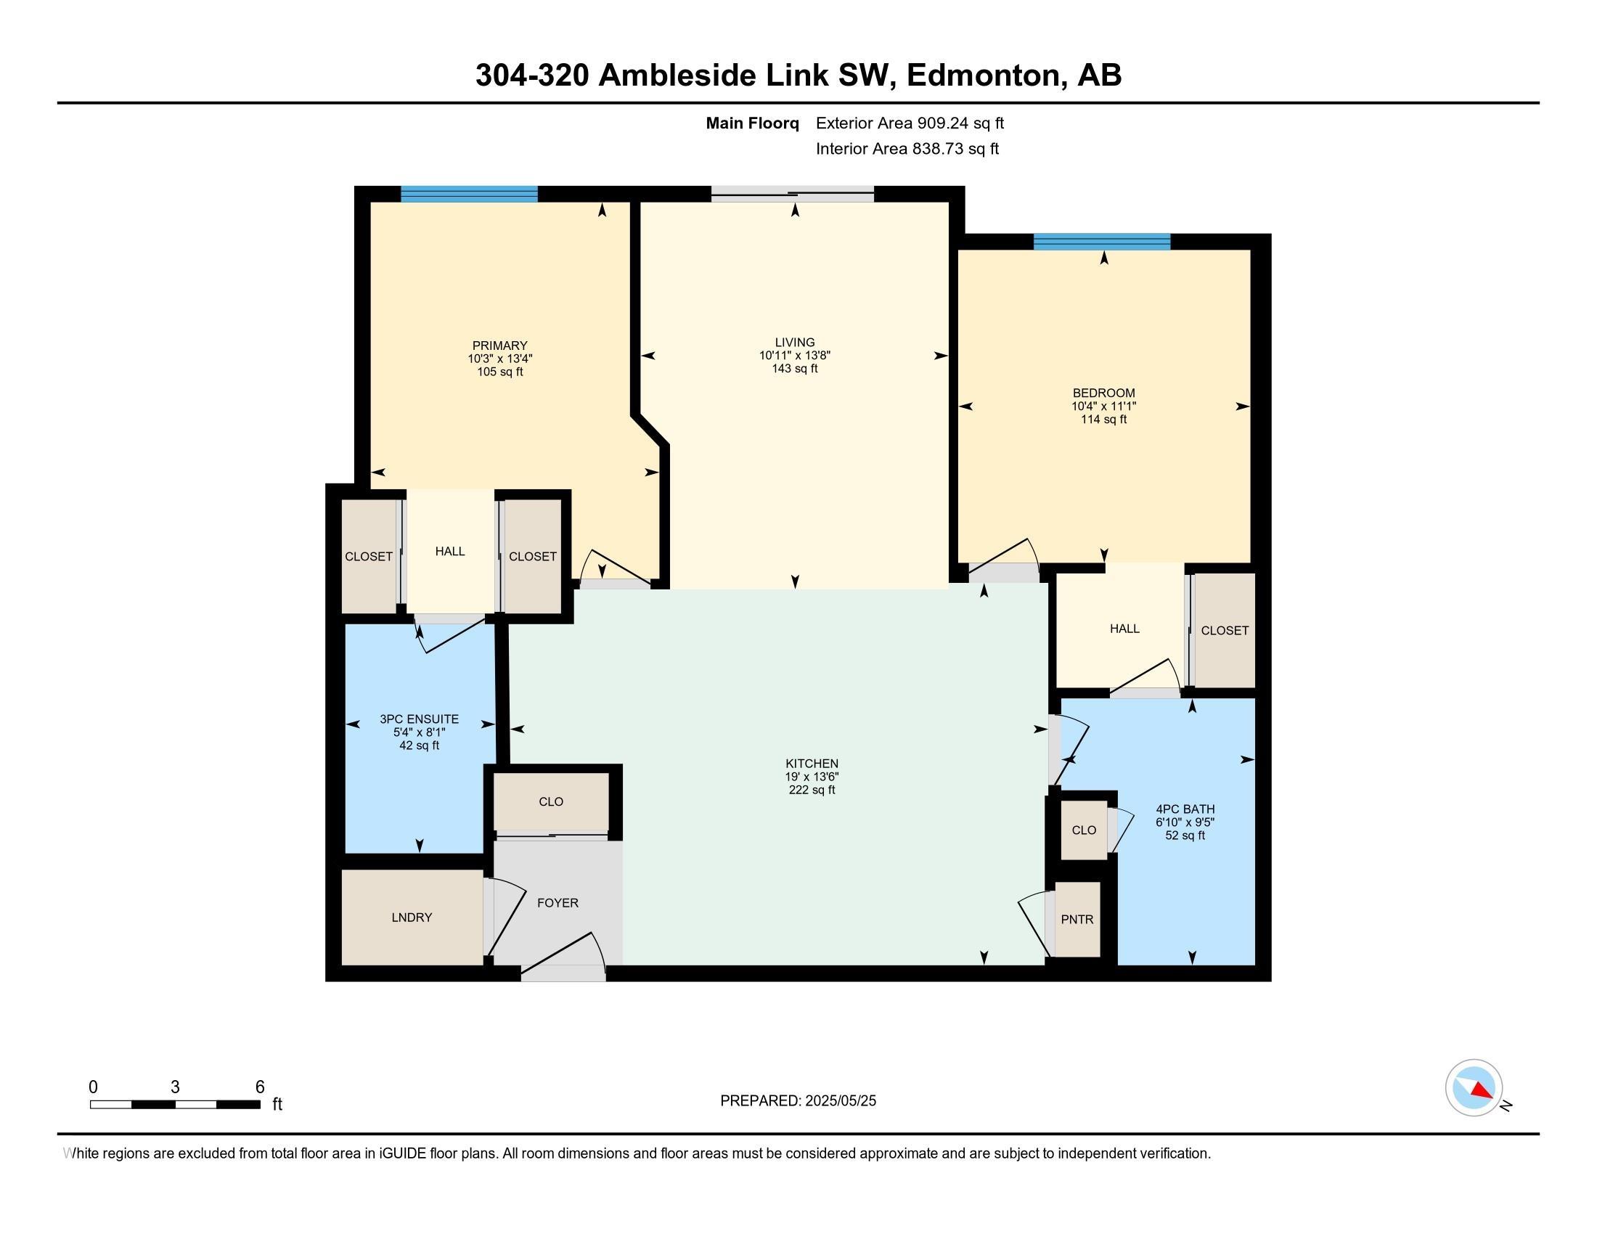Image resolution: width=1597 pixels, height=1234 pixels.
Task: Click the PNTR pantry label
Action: [1077, 920]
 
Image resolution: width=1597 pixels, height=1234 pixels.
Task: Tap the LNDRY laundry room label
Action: [412, 918]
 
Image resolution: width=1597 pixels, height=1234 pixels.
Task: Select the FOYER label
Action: [558, 903]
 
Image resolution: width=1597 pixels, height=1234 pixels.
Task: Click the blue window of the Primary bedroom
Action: [470, 195]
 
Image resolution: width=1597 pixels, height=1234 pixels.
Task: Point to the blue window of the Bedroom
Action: [1102, 242]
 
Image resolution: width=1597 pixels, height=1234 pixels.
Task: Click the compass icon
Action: [1474, 1087]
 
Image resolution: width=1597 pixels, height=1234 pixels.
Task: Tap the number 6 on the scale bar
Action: [260, 1087]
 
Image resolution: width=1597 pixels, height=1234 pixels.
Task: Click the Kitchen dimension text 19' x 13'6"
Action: [812, 777]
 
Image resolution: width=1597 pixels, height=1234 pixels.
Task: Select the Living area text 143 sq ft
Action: [795, 369]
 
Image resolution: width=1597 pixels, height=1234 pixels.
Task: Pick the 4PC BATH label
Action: [1185, 809]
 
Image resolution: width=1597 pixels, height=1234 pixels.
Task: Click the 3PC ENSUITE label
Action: [419, 719]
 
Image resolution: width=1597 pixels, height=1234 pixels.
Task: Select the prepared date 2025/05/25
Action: [841, 1101]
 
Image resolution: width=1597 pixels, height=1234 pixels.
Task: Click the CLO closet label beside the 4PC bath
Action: [1084, 830]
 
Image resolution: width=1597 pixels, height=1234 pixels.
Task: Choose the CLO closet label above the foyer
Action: [551, 802]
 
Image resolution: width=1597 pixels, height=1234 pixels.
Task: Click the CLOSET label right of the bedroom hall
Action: [1225, 630]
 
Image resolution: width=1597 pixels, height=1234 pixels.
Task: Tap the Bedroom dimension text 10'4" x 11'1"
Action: [1103, 406]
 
